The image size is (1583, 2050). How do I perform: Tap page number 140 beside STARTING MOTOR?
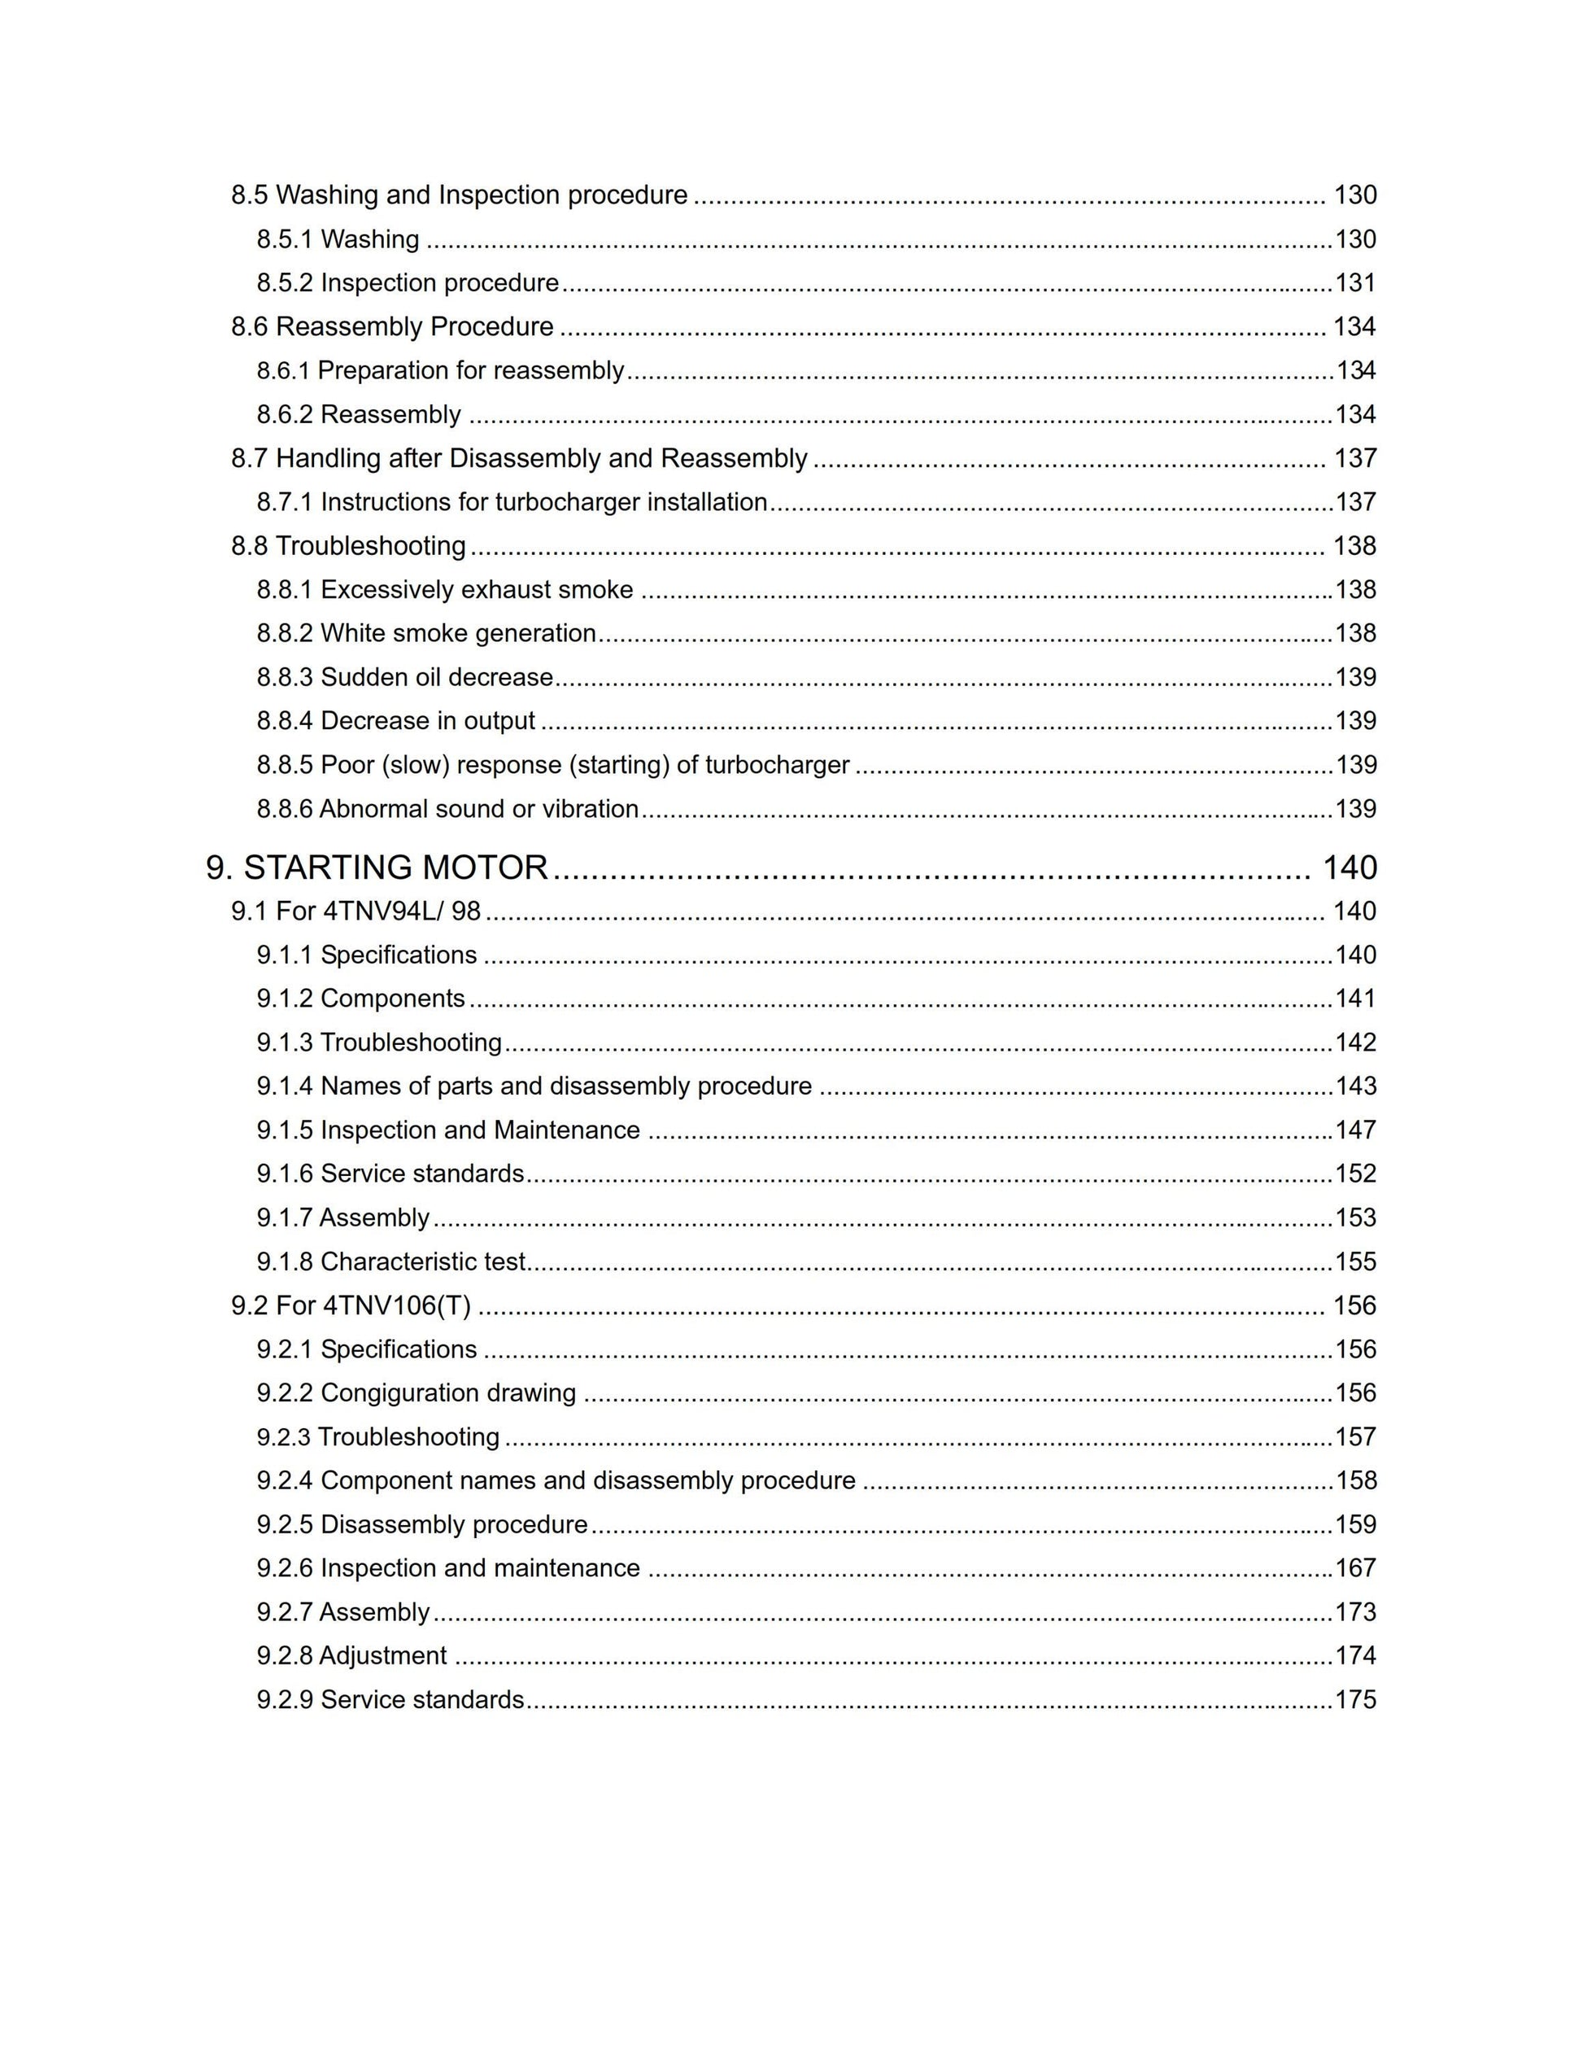1350,868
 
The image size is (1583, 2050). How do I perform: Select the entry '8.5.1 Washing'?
338,239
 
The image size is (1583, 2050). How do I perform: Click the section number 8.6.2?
285,414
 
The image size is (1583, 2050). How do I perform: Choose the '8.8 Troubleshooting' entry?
348,545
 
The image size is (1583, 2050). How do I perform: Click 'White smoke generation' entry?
458,634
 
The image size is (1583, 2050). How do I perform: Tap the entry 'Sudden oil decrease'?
436,677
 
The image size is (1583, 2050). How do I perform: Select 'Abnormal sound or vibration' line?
478,809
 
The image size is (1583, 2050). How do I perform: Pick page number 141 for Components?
1355,998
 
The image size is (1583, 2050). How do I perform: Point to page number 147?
1355,1130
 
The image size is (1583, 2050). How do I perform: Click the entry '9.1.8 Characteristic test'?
391,1261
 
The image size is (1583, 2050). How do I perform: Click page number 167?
1355,1567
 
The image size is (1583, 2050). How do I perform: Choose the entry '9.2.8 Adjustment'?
352,1656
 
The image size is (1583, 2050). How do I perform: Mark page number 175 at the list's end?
1355,1700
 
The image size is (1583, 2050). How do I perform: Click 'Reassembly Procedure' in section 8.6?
415,326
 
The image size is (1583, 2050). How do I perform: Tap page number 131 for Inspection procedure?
1355,282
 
